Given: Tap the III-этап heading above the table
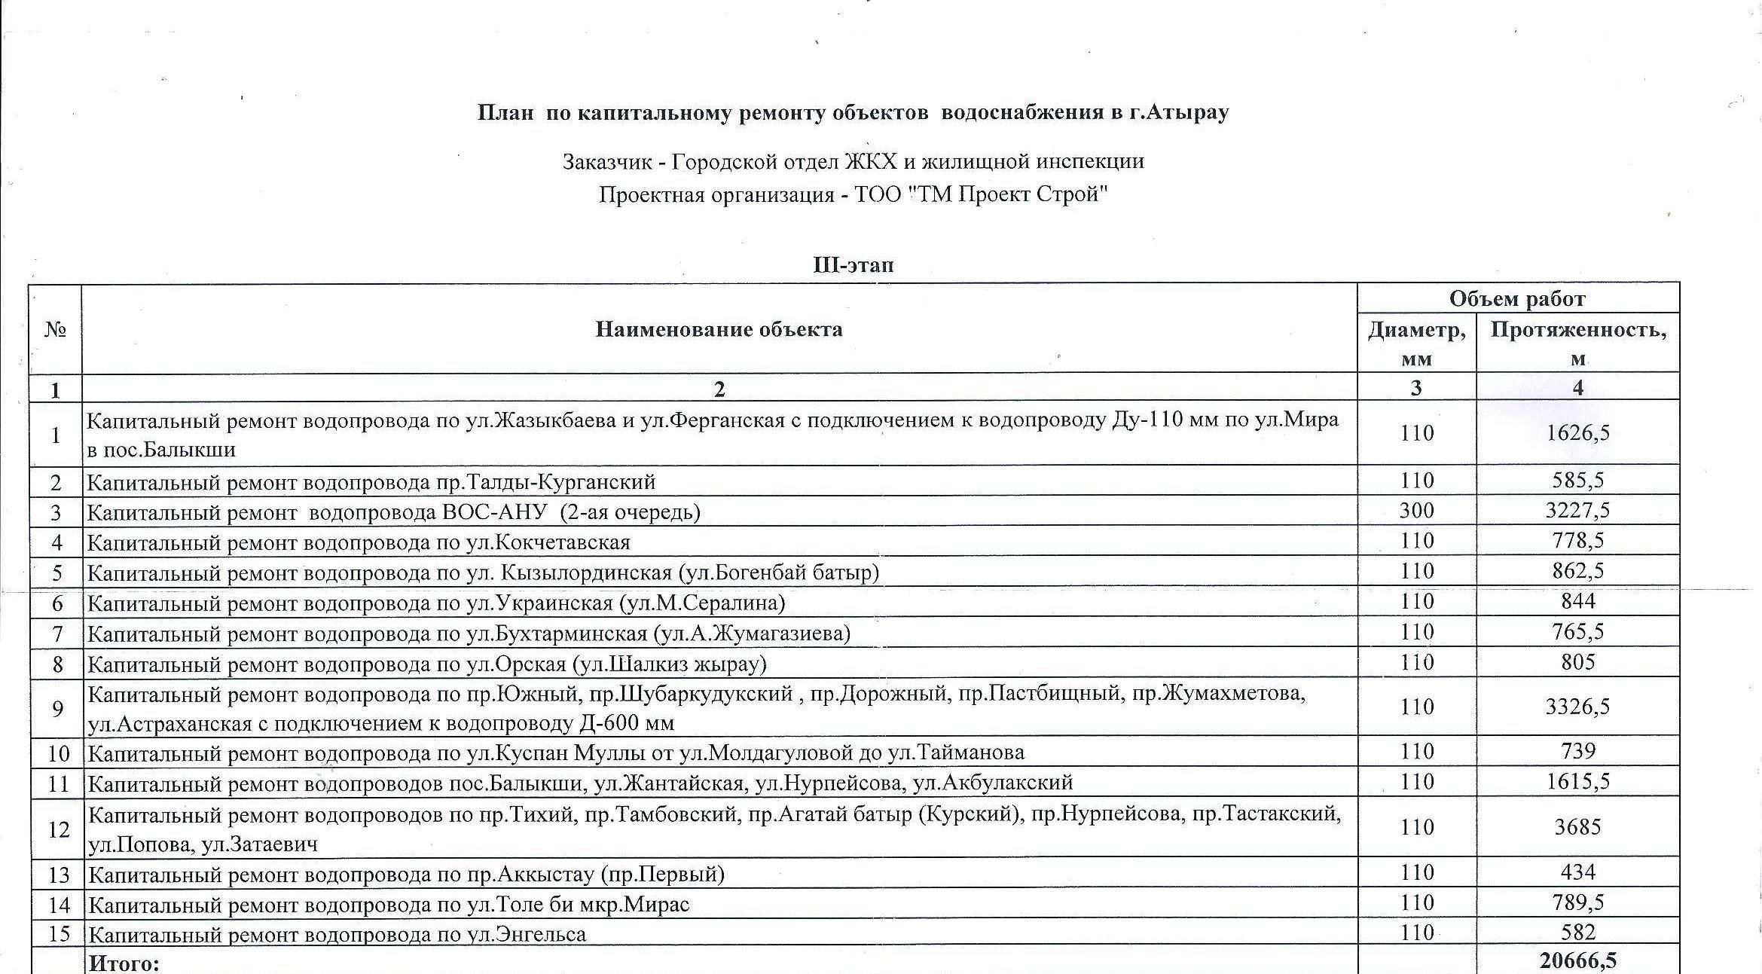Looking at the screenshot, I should (854, 265).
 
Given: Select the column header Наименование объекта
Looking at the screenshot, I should (719, 329).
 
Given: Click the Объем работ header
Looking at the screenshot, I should (1517, 299).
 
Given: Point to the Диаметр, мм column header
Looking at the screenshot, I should (1416, 343).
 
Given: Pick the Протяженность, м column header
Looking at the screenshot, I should (1578, 343).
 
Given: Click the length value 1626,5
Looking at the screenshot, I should (1578, 433).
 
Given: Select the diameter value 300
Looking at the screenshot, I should (1416, 511).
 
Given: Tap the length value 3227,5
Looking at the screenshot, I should (1578, 511).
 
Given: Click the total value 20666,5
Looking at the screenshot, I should (1578, 961).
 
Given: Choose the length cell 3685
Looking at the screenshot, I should (1578, 827).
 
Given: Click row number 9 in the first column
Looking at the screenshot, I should (56, 708).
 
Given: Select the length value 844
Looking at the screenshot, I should (1578, 601).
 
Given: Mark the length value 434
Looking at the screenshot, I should (1578, 872).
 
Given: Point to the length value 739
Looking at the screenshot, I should (1578, 752).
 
